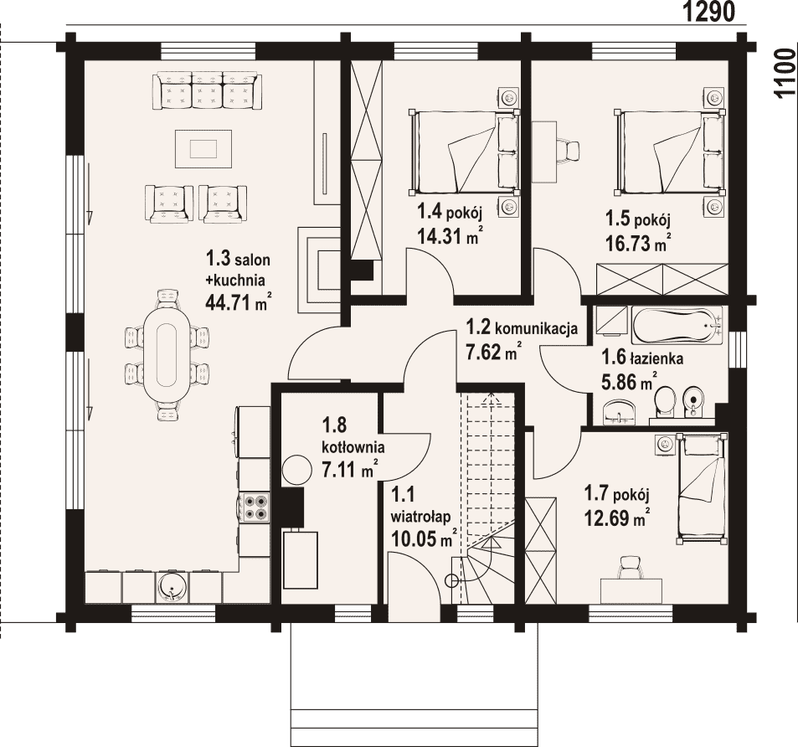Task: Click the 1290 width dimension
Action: click(708, 12)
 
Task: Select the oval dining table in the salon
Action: click(167, 355)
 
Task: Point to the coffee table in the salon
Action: click(203, 148)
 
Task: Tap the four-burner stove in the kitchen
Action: click(255, 507)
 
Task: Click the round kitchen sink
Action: click(173, 586)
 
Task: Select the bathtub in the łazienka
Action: click(677, 325)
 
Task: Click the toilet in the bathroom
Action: click(664, 402)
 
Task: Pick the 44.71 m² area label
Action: click(237, 303)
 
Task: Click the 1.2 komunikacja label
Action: click(522, 327)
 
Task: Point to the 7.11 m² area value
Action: click(350, 469)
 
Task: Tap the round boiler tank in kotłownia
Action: click(296, 469)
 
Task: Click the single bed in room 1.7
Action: click(701, 488)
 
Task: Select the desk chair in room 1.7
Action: click(632, 566)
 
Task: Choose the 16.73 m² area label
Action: click(637, 244)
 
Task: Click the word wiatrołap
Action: click(420, 517)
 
